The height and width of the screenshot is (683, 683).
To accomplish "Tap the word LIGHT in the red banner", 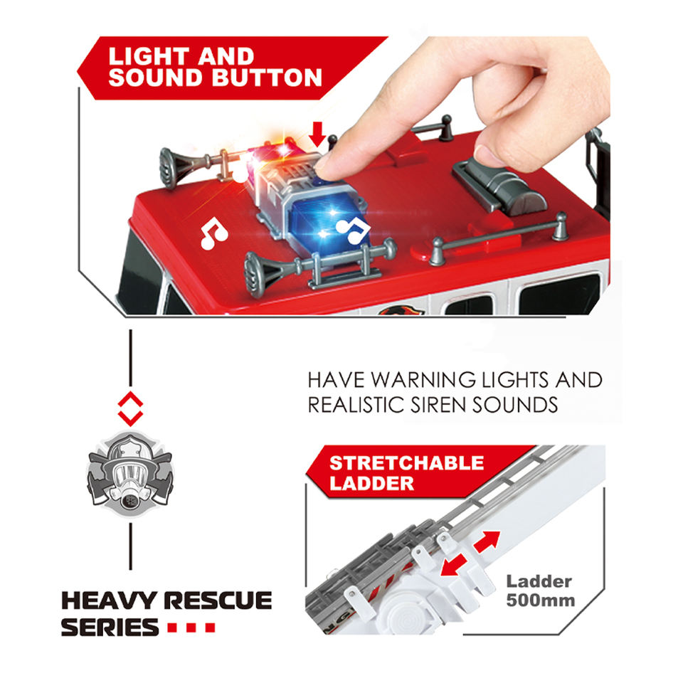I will (147, 56).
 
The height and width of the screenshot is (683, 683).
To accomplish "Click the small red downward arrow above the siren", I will (318, 133).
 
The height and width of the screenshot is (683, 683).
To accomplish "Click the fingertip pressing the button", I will (329, 162).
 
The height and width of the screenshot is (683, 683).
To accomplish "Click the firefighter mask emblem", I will (129, 472).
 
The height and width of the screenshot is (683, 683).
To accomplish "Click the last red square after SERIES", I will (209, 628).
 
